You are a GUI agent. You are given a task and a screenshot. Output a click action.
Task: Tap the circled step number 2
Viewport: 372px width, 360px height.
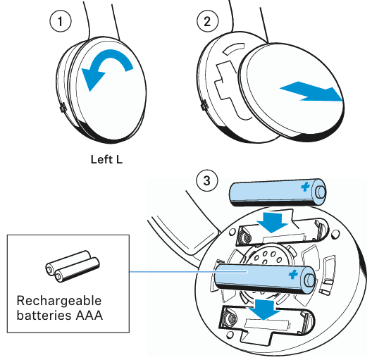coord(206,22)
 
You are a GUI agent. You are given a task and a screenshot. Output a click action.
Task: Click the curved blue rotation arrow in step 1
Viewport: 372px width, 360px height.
coord(106,71)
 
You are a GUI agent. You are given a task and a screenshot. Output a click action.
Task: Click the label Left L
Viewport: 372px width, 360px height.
coord(106,159)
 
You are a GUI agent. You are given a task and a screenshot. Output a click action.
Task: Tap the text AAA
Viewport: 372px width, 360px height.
coord(89,315)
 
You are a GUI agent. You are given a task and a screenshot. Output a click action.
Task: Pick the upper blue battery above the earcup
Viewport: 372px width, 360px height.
coord(278,191)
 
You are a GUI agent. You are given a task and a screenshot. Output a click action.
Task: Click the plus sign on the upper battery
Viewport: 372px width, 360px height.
coord(306,187)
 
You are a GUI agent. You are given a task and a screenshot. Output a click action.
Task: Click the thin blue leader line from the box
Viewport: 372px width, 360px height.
coord(176,272)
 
